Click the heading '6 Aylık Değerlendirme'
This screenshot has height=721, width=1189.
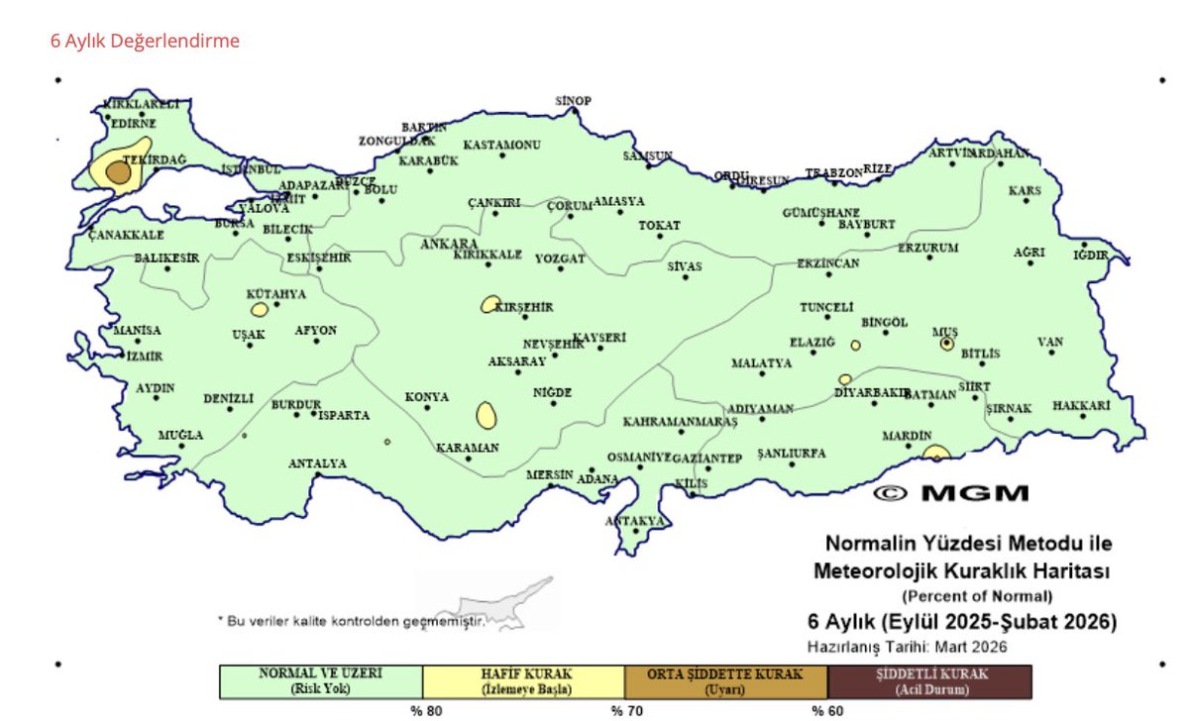[x=145, y=42]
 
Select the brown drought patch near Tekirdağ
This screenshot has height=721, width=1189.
[x=119, y=172]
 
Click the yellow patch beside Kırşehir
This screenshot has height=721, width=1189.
[x=490, y=304]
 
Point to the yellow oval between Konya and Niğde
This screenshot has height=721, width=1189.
[x=486, y=415]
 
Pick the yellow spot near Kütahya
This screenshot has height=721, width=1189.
[x=260, y=310]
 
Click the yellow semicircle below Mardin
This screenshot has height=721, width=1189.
[x=935, y=454]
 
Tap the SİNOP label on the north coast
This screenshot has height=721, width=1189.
[x=573, y=101]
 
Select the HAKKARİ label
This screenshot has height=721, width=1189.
[x=1081, y=406]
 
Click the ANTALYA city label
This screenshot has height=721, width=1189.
[x=317, y=463]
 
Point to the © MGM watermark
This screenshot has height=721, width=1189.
[x=951, y=492]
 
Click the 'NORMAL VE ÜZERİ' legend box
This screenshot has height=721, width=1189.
[x=320, y=681]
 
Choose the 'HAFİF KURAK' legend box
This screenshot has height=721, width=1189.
[x=523, y=681]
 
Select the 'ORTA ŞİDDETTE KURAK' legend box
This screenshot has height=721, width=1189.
[x=725, y=681]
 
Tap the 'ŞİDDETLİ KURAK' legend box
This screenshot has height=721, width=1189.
[x=929, y=681]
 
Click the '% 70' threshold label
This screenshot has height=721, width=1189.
[x=622, y=710]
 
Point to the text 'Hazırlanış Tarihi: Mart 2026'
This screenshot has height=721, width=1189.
[x=907, y=647]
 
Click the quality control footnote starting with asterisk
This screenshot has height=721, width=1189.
[x=352, y=621]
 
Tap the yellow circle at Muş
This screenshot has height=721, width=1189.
[x=947, y=344]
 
